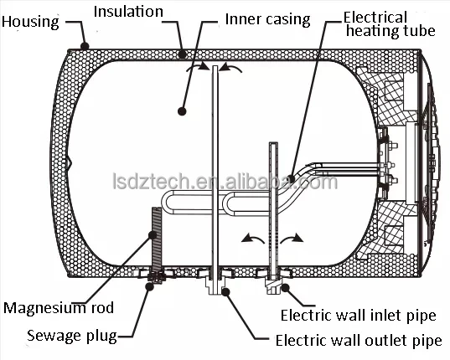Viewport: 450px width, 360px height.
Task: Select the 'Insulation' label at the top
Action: point(127,13)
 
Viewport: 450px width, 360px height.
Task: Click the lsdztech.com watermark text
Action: point(225,182)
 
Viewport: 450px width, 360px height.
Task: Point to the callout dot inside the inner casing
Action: point(181,109)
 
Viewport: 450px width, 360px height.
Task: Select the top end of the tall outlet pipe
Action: point(216,69)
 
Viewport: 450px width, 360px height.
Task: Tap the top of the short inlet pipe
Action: point(272,146)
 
